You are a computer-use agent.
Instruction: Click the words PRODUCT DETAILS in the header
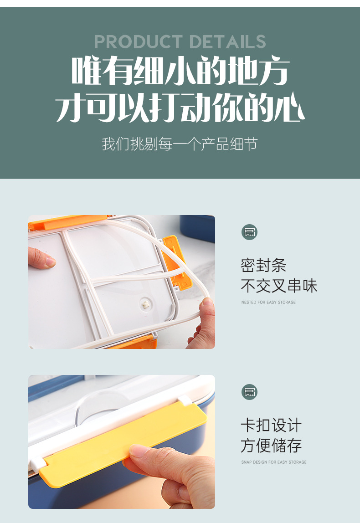point(180,42)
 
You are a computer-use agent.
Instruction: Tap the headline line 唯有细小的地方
point(180,71)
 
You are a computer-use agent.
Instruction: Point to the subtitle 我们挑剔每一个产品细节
point(180,144)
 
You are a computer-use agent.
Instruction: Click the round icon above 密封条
point(249,232)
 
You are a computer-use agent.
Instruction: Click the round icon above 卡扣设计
point(249,392)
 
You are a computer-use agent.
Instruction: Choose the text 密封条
point(263,266)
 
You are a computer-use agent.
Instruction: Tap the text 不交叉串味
point(278,286)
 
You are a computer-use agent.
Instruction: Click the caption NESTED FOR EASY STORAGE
point(268,302)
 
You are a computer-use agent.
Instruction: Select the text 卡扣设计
point(271,426)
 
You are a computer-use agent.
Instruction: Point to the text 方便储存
point(271,446)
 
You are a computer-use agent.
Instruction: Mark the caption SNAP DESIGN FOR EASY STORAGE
point(273,462)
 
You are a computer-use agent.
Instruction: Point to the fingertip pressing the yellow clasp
point(139,452)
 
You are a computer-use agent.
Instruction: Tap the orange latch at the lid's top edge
point(68,220)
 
